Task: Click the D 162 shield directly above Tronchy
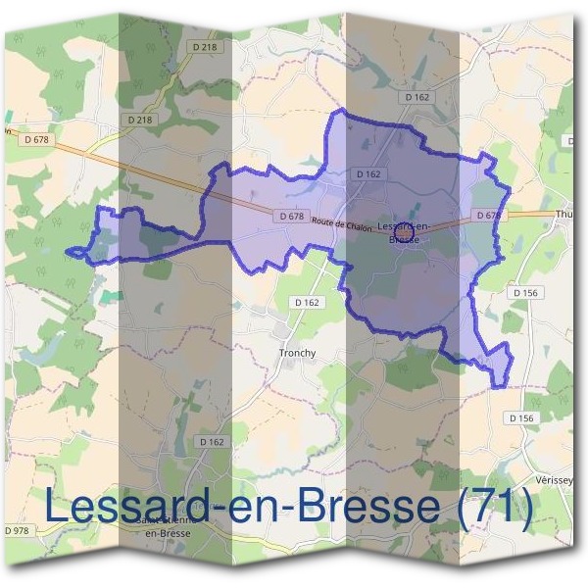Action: [x=307, y=303]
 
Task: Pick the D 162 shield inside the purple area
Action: [x=367, y=174]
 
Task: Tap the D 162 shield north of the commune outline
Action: [x=416, y=97]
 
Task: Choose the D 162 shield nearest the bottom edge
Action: [x=212, y=442]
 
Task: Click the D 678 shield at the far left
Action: [x=34, y=140]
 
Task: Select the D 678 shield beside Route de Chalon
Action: [x=291, y=216]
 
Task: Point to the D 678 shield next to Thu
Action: [x=488, y=215]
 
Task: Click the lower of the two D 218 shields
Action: [x=141, y=120]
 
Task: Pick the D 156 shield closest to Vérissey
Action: [x=522, y=417]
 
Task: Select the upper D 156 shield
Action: [x=525, y=292]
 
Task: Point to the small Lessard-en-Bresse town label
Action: [x=405, y=232]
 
